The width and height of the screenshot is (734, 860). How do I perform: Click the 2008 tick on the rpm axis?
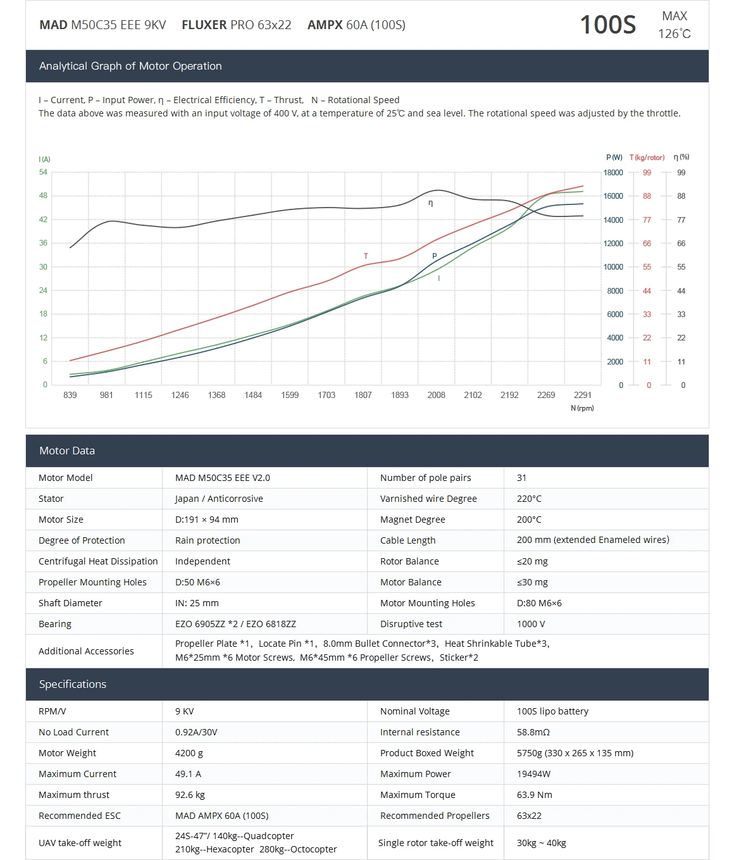tap(436, 395)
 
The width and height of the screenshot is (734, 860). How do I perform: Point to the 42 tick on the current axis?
tap(43, 220)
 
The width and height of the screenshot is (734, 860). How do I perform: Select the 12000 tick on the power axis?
tap(613, 244)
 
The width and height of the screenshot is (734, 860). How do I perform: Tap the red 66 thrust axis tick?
tap(647, 244)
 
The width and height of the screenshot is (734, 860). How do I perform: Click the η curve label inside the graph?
tap(430, 203)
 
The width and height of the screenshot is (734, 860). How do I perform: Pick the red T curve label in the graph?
tap(366, 256)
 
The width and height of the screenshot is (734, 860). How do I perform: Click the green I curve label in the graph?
tap(439, 278)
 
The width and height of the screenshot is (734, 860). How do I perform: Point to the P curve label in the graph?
tap(434, 256)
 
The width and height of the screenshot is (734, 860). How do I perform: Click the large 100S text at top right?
tap(607, 25)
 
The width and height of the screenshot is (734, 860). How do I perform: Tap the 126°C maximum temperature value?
tap(675, 34)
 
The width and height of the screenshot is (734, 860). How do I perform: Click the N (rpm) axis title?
tap(582, 408)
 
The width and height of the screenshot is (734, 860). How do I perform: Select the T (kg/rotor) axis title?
tap(647, 158)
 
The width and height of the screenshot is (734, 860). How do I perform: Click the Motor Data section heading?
tap(67, 451)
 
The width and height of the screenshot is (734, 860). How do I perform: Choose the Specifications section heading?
tap(73, 684)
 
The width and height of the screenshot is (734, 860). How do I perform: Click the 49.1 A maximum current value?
tap(188, 774)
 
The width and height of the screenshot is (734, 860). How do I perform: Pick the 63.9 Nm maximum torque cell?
tap(534, 795)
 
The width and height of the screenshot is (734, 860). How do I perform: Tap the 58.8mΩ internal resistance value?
tap(533, 732)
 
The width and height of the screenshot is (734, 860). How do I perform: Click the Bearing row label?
tap(55, 624)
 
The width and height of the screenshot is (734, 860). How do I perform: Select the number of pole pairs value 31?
tap(521, 478)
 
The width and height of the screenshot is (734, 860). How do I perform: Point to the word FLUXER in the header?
tap(204, 25)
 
